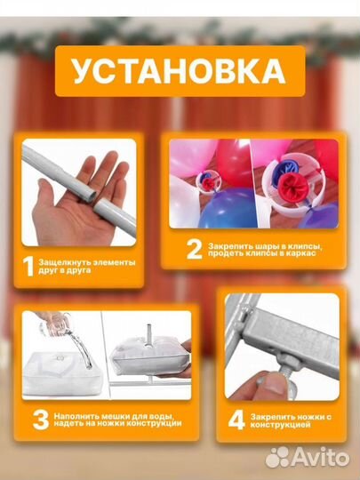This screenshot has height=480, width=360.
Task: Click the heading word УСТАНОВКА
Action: [x=179, y=72]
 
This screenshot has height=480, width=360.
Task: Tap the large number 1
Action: [x=29, y=264]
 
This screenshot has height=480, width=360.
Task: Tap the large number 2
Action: [x=193, y=250]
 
